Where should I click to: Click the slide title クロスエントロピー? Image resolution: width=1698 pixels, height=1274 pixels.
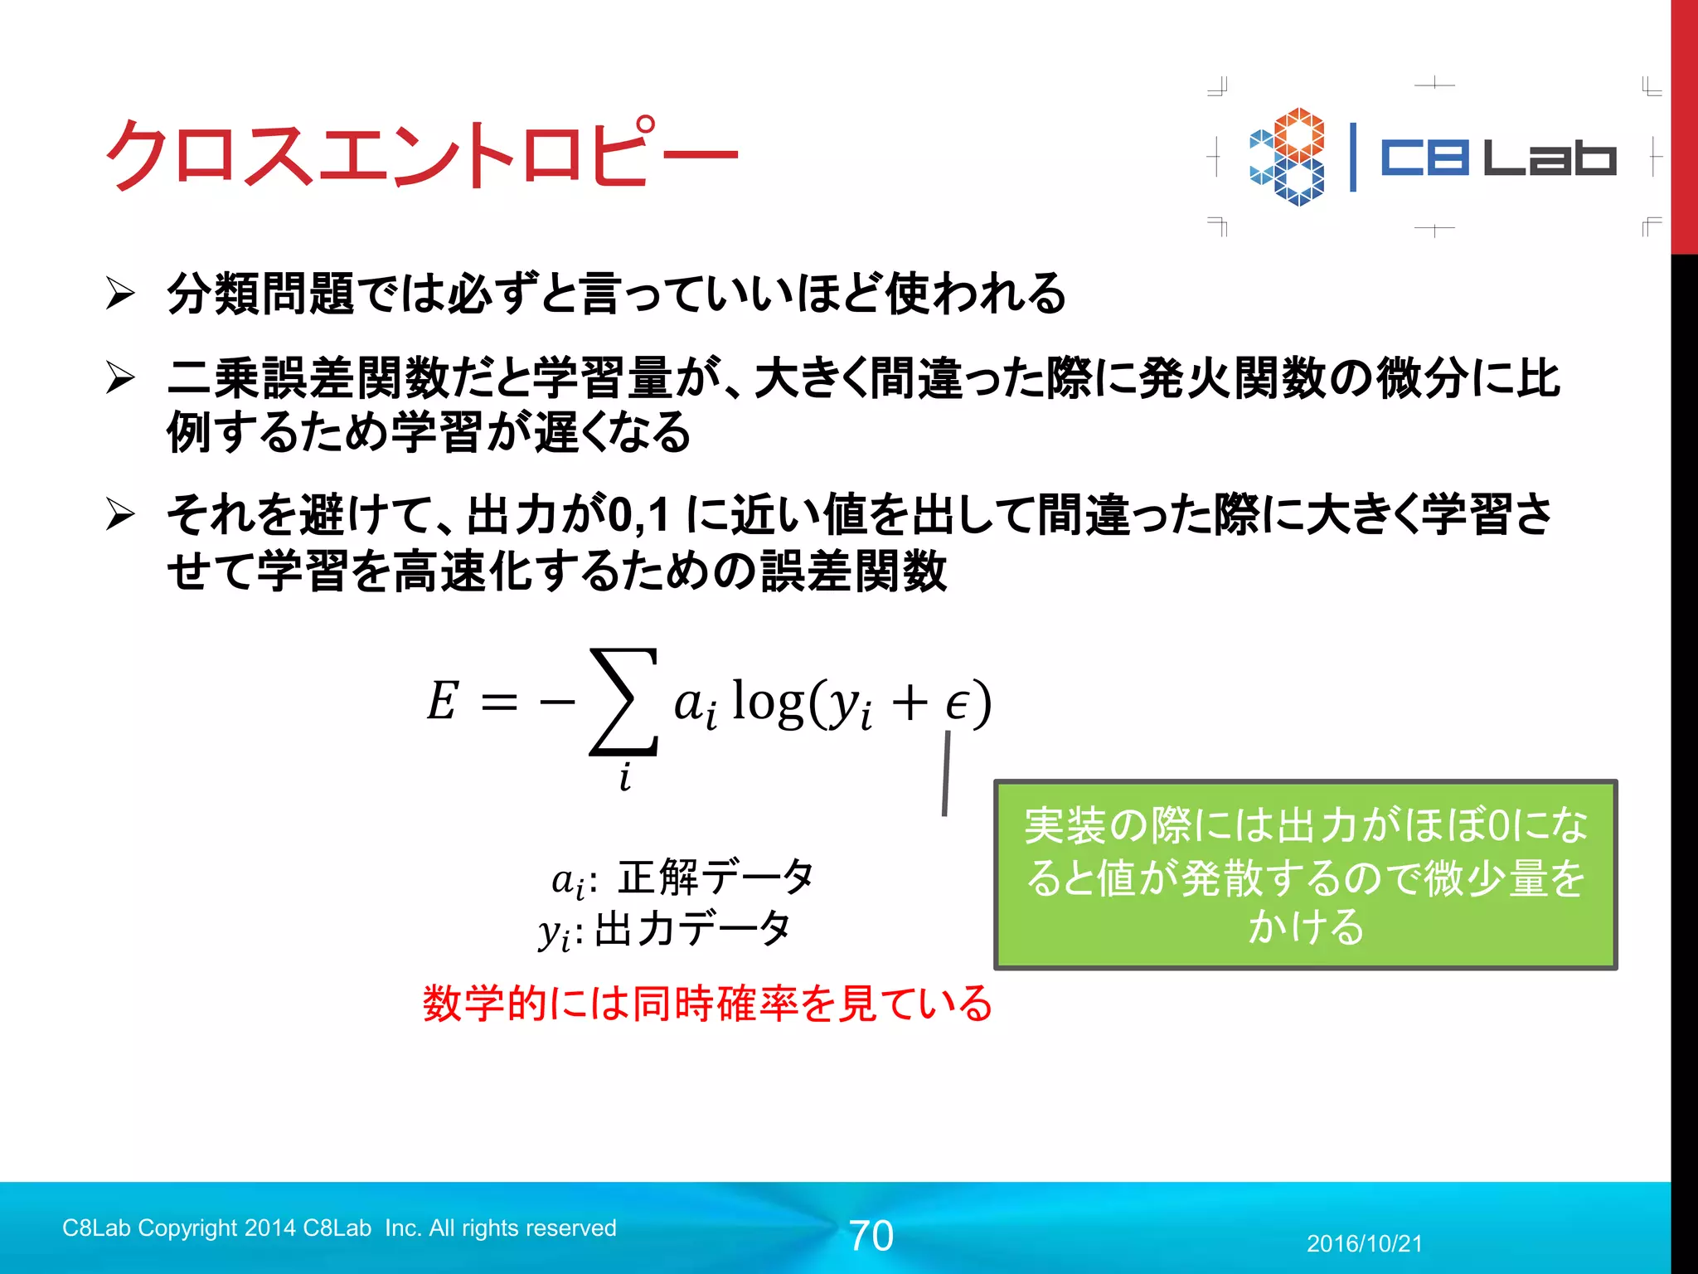[421, 154]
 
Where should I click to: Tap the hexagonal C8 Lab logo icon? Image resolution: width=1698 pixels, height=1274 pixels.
[1288, 157]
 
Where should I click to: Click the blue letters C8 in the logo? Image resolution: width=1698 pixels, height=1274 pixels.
[1424, 158]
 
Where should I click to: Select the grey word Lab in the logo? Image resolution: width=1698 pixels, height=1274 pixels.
[1549, 158]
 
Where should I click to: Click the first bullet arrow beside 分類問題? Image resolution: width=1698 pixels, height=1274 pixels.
[120, 294]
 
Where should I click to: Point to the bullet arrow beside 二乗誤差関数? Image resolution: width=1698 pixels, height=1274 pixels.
[120, 378]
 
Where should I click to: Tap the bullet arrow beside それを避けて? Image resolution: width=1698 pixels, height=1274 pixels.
[120, 515]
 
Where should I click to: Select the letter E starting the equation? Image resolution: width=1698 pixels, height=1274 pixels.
[443, 702]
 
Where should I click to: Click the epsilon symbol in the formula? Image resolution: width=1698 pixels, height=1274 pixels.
[957, 705]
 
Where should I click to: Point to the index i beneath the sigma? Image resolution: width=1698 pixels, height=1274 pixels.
[625, 777]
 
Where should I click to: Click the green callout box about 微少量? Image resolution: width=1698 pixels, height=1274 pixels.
[1305, 875]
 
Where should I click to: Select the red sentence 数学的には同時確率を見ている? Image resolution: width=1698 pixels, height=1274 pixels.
[707, 1004]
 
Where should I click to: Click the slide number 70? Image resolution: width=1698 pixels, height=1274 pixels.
[871, 1236]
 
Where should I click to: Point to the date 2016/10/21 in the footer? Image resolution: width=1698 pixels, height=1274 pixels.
[1364, 1243]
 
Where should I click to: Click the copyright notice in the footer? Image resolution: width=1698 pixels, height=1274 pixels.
[339, 1228]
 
